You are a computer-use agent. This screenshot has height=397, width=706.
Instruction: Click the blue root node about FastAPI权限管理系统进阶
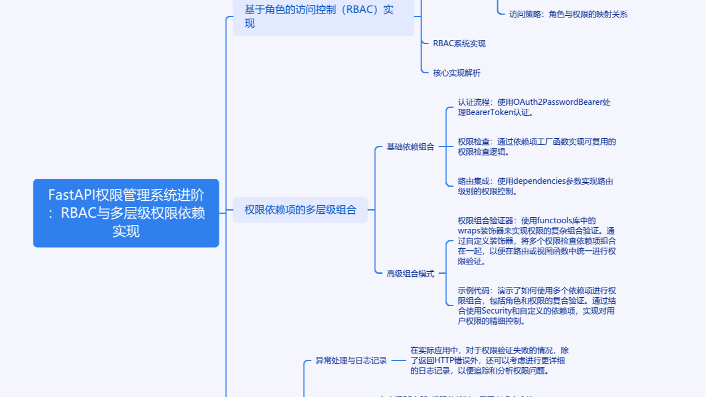[x=126, y=213]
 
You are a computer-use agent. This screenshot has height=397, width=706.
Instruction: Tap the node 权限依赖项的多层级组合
[x=300, y=210]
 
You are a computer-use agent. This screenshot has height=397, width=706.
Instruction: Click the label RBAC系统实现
[x=459, y=43]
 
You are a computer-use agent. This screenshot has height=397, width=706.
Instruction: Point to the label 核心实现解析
[x=457, y=73]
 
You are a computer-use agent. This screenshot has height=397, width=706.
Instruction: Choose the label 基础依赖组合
[x=410, y=147]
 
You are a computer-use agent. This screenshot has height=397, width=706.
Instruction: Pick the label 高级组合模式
[x=410, y=274]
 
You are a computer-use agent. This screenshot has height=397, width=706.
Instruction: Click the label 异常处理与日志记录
[x=351, y=360]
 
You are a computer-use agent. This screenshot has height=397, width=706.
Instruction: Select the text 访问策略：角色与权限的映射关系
[x=568, y=14]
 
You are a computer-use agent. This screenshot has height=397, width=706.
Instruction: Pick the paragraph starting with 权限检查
[x=536, y=147]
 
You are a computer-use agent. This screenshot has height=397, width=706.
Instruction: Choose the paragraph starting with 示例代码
[x=536, y=306]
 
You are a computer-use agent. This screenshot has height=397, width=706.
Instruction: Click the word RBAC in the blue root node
[x=78, y=213]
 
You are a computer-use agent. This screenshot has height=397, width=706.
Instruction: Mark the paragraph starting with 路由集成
[x=535, y=186]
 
